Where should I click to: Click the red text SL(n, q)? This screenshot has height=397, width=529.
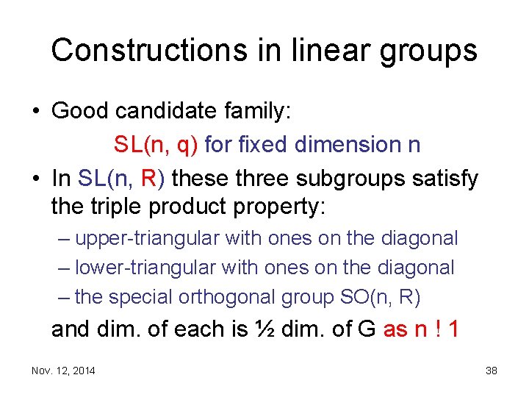point(156,145)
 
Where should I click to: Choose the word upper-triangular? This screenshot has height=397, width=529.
point(148,239)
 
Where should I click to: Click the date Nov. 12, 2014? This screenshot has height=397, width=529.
point(63,371)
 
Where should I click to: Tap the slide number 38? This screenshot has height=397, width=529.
point(491,371)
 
